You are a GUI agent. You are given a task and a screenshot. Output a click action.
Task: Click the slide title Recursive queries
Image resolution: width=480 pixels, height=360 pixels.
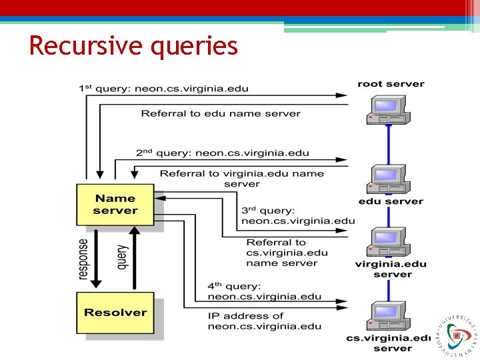coord(133,46)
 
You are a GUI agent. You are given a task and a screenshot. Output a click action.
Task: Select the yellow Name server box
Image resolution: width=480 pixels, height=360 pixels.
coord(115,204)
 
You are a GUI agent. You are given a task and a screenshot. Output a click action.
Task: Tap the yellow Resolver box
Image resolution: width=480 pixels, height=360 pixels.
coord(115,313)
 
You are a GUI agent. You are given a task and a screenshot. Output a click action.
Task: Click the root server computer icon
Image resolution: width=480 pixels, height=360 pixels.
coord(387,109)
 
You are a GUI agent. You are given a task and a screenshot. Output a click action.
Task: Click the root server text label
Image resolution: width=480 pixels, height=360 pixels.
coord(391,84)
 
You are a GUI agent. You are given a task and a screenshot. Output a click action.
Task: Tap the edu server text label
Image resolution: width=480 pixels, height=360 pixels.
coord(391,201)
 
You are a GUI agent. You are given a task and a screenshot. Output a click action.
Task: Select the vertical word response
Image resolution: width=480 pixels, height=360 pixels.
coord(83,259)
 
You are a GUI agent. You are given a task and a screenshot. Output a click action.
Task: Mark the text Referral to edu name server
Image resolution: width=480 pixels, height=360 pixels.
coord(221,113)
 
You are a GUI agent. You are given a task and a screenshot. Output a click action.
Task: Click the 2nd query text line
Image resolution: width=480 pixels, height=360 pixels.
coord(222,153)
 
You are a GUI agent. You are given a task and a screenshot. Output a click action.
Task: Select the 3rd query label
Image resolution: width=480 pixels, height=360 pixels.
coord(297,215)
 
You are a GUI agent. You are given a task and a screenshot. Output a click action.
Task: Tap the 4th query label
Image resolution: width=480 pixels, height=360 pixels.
coord(264,291)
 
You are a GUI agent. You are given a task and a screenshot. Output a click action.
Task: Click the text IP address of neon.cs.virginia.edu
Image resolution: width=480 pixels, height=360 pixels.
coord(264,321)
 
